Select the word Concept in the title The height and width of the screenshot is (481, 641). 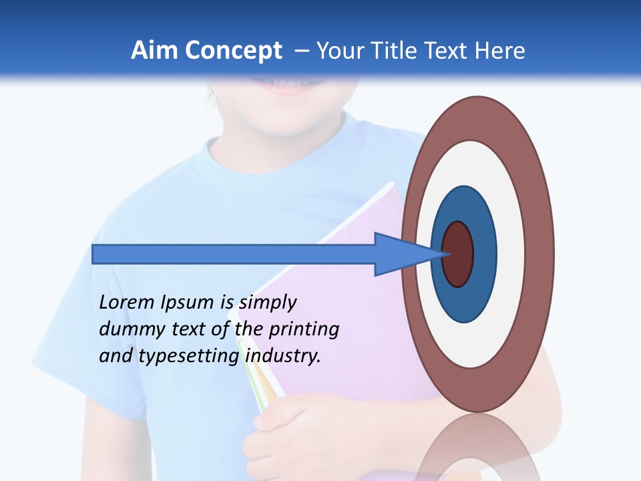tap(232, 51)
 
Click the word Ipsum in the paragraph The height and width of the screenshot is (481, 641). tap(188, 303)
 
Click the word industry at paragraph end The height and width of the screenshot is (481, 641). tap(283, 356)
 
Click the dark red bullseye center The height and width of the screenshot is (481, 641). tap(458, 254)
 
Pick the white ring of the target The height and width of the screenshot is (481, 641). tap(510, 254)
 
